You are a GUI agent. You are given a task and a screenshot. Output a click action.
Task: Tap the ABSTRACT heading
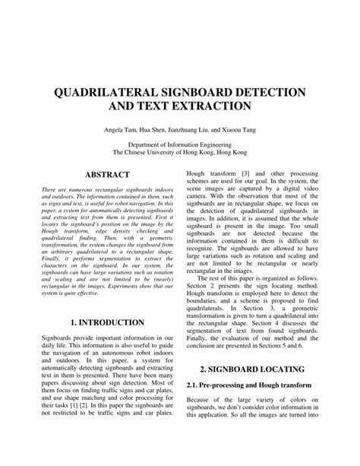click(106, 174)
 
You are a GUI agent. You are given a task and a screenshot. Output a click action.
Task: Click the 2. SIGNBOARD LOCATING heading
click(248, 389)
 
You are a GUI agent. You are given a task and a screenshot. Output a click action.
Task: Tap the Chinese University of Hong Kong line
click(181, 151)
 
